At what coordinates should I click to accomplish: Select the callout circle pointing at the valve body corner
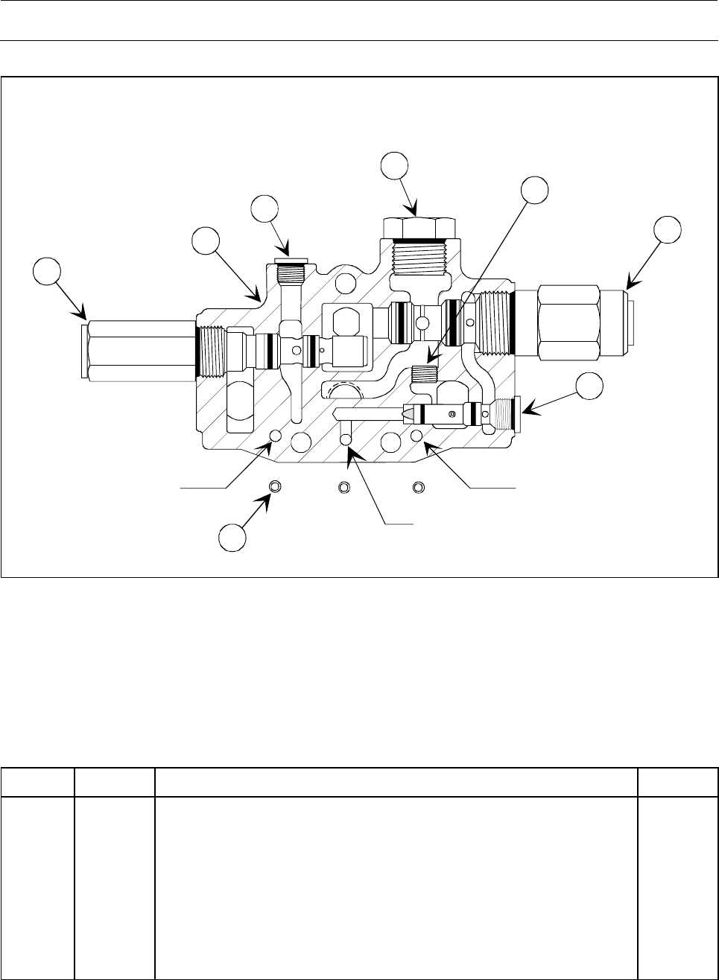pos(206,244)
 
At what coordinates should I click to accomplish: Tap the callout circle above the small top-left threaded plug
pos(265,211)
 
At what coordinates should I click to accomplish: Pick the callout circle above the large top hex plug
pos(396,167)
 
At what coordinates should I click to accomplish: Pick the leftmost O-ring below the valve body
pos(276,487)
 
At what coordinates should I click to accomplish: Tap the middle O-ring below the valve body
pos(343,487)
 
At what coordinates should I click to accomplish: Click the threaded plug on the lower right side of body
pos(505,414)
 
